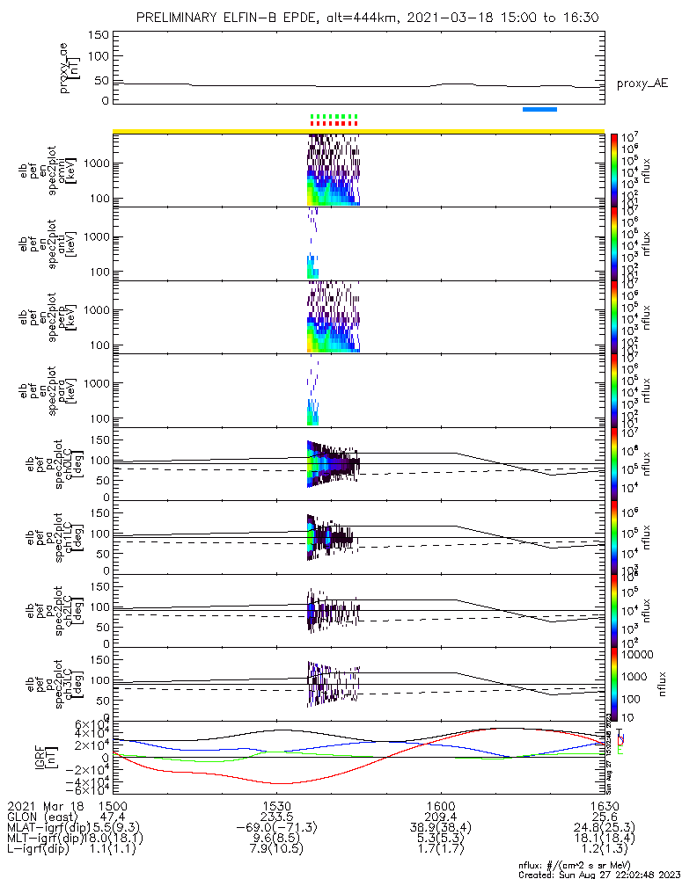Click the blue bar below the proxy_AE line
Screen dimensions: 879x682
pyautogui.click(x=539, y=109)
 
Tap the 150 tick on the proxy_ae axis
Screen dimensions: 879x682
pyautogui.click(x=99, y=35)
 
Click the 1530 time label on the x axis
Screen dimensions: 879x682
pyautogui.click(x=276, y=805)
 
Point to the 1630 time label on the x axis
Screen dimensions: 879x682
pyautogui.click(x=604, y=805)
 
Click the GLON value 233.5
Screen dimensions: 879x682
pyautogui.click(x=276, y=817)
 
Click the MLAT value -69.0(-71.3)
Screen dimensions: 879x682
pyautogui.click(x=276, y=828)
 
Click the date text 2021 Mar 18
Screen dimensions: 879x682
pyautogui.click(x=44, y=805)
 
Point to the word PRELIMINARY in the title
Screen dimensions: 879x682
pyautogui.click(x=180, y=18)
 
